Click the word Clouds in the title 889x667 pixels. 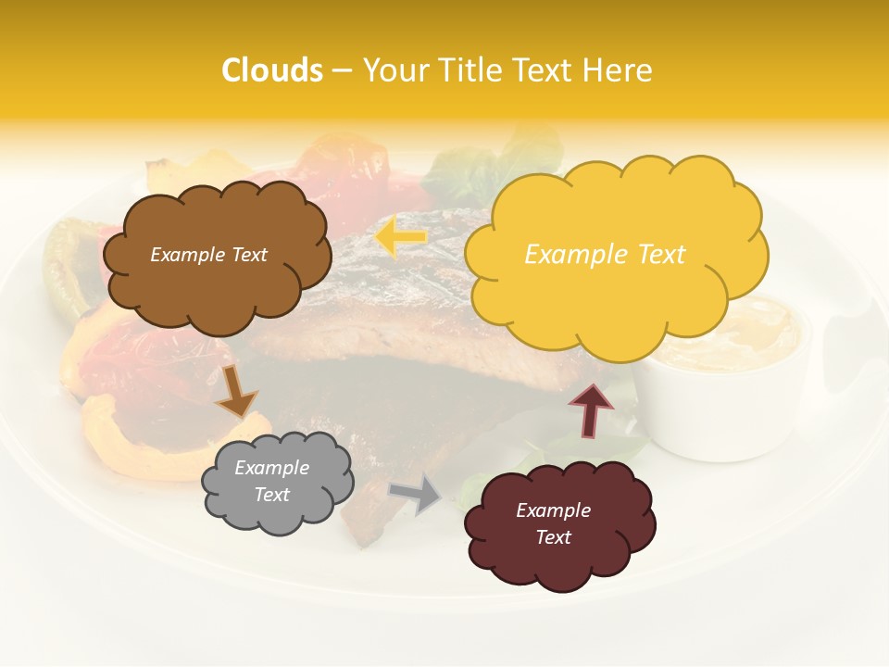272,70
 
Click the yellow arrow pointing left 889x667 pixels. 400,237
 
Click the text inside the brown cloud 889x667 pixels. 208,255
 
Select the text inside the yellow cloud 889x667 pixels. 605,255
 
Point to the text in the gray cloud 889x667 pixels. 272,481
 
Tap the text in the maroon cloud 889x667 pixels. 553,523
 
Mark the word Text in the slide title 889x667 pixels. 543,70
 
